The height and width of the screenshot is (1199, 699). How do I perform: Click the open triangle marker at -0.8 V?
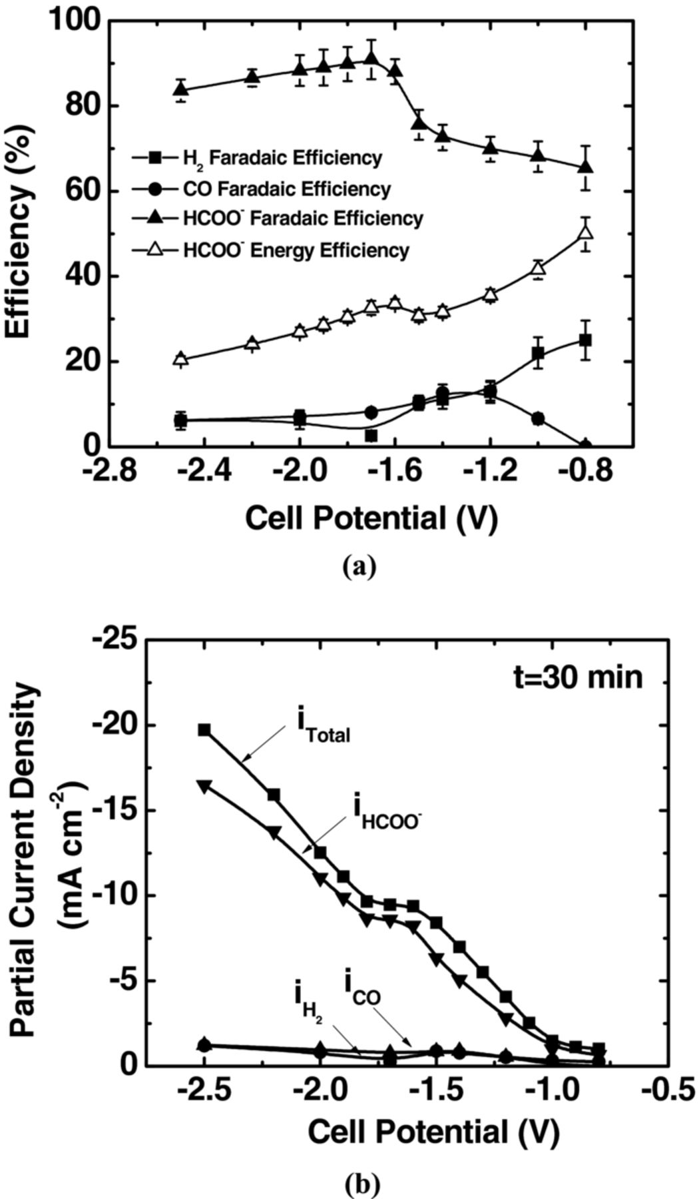coord(585,232)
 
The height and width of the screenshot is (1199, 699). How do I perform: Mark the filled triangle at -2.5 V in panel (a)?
coord(180,89)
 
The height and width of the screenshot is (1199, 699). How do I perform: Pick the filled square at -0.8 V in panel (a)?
coord(585,340)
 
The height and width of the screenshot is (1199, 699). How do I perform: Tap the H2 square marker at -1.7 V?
coord(371,436)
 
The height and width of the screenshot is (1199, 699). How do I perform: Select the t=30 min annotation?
coord(582,677)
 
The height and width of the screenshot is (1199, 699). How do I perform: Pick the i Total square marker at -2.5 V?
coord(204,730)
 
